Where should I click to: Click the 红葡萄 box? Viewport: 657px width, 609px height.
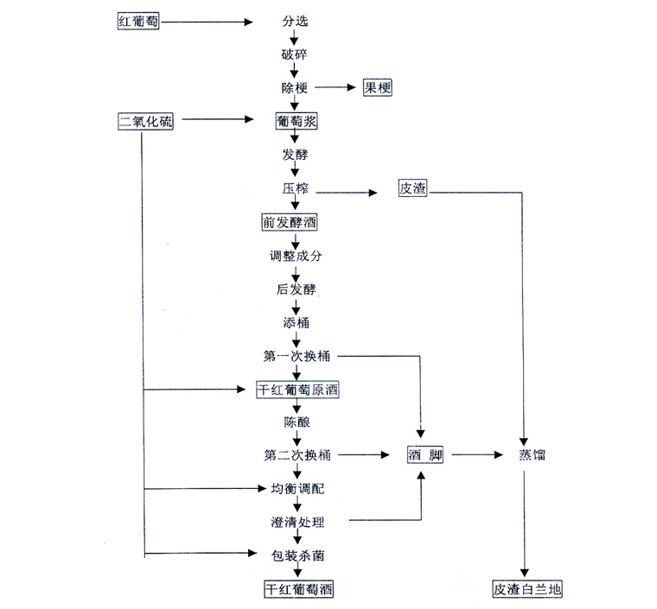[x=139, y=22]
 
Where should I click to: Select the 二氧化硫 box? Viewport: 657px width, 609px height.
[x=145, y=122]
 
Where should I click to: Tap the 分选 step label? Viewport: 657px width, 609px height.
[x=294, y=22]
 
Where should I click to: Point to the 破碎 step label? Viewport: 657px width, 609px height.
[x=294, y=54]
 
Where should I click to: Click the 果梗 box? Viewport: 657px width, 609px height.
[x=377, y=87]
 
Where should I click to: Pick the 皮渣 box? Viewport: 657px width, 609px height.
[x=412, y=189]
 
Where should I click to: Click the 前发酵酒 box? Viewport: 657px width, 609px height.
[x=290, y=223]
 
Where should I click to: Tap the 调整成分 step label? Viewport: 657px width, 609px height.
[x=295, y=257]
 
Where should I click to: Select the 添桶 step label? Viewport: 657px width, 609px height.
[x=295, y=323]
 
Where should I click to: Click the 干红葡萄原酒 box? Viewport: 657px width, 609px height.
[x=298, y=390]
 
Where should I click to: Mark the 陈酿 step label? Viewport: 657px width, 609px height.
[x=295, y=422]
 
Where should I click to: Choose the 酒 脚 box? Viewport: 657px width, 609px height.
[x=424, y=454]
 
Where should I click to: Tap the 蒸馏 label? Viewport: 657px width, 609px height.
[x=532, y=454]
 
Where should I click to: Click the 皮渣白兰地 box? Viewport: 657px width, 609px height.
[x=527, y=590]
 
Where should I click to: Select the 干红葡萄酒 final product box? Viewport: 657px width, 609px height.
[x=298, y=589]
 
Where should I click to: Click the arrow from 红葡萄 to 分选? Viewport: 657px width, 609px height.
[x=207, y=22]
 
